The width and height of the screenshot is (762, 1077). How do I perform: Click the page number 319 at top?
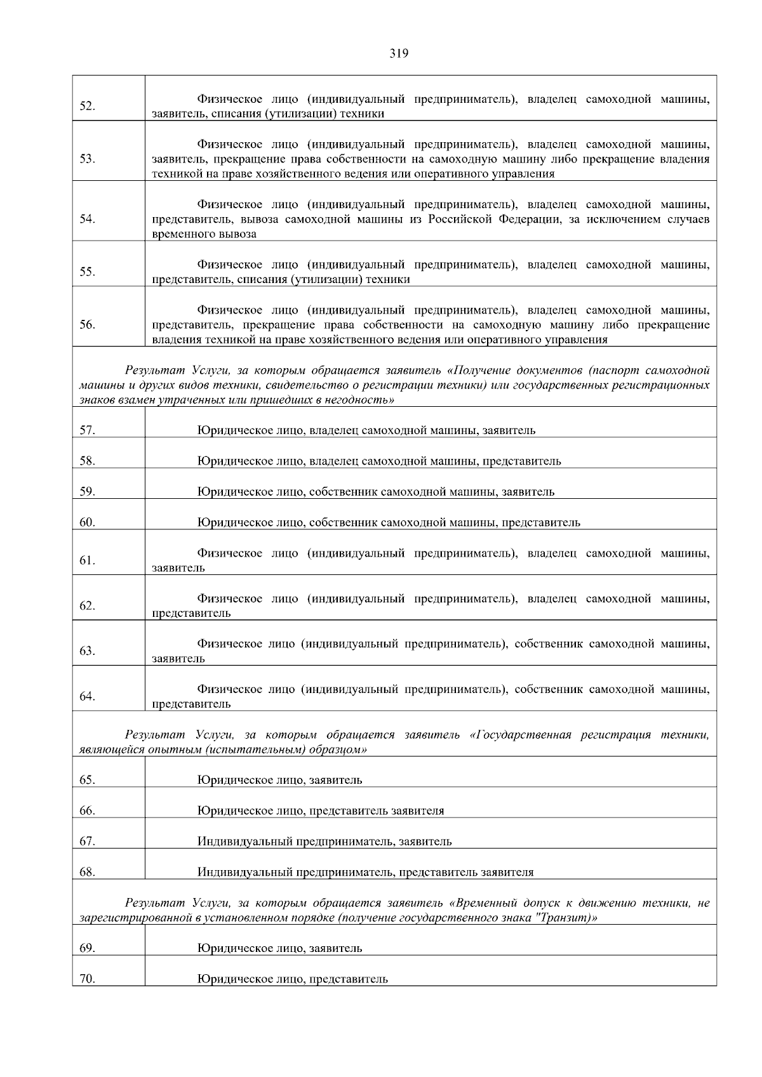click(398, 53)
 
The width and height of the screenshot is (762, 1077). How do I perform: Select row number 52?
click(88, 106)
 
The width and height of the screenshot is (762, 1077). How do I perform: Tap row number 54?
click(88, 219)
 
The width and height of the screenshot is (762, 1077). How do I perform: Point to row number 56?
click(88, 325)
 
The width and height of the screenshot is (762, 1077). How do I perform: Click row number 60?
click(88, 522)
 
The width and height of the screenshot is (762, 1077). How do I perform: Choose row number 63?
click(88, 651)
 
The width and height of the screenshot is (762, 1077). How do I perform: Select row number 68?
click(88, 872)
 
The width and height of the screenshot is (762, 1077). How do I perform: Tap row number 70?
click(88, 979)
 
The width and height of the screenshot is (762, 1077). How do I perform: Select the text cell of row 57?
click(366, 430)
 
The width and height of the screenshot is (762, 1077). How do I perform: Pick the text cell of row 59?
click(376, 492)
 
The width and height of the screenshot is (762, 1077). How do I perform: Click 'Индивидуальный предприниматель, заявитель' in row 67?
click(324, 842)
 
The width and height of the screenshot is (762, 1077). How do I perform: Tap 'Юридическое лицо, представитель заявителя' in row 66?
click(321, 810)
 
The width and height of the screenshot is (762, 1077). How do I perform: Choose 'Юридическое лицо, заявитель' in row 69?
click(279, 948)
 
